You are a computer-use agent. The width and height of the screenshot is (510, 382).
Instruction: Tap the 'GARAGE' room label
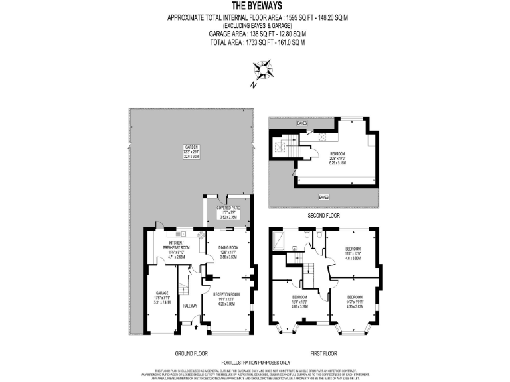(x=161, y=292)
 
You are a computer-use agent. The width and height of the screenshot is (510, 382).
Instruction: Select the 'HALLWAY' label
(x=191, y=306)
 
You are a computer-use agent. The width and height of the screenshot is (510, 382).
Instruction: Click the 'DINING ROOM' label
(x=228, y=247)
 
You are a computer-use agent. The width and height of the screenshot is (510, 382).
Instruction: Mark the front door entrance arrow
(x=195, y=326)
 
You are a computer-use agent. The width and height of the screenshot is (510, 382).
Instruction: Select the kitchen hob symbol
(x=200, y=235)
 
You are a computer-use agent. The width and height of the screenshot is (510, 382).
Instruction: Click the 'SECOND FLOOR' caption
(x=323, y=216)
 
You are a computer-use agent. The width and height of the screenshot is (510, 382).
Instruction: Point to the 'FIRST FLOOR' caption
(x=323, y=353)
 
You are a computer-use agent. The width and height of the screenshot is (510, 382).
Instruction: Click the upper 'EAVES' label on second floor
(x=302, y=123)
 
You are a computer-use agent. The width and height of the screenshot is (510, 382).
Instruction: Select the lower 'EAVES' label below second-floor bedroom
(x=323, y=197)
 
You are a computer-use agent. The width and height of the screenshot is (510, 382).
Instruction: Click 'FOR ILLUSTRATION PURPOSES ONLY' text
(x=255, y=361)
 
